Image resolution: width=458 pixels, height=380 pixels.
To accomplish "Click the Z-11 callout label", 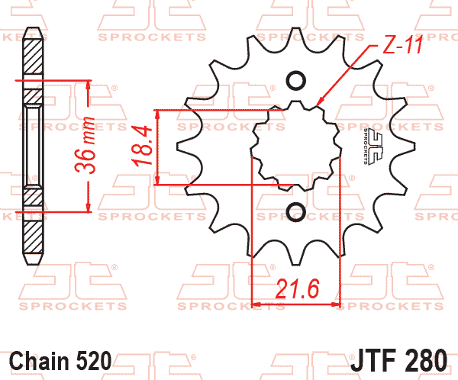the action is pyautogui.click(x=403, y=45).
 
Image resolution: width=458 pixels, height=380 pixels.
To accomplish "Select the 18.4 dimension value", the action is pyautogui.click(x=142, y=146).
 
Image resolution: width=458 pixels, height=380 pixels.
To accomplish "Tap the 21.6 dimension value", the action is pyautogui.click(x=297, y=288).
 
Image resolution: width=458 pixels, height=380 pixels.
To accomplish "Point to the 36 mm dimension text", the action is pyautogui.click(x=85, y=145).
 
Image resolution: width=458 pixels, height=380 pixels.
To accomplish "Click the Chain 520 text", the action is pyautogui.click(x=60, y=361).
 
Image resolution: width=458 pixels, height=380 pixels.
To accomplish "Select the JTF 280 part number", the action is pyautogui.click(x=398, y=360).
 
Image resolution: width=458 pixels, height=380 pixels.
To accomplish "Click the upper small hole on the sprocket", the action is pyautogui.click(x=296, y=80).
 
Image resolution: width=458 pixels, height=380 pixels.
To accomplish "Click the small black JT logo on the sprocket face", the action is pyautogui.click(x=373, y=146).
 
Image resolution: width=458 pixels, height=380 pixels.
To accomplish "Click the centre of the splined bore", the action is pyautogui.click(x=295, y=146).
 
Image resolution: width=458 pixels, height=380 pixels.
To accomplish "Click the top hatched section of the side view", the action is pyautogui.click(x=33, y=56).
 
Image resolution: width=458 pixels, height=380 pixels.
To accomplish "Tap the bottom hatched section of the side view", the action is pyautogui.click(x=34, y=237).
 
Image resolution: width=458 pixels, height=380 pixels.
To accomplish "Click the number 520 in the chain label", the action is pyautogui.click(x=94, y=361).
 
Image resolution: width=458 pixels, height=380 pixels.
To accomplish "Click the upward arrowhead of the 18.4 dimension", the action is pyautogui.click(x=157, y=114).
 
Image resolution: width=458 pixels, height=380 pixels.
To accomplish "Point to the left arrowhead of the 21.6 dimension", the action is pyautogui.click(x=256, y=304).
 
